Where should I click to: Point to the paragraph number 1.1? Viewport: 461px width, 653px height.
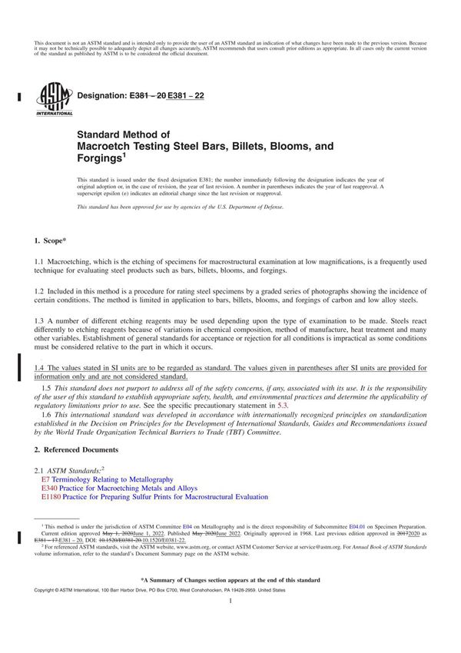41,262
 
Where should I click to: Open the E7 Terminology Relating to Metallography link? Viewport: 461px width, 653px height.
107,479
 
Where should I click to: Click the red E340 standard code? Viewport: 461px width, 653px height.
49,488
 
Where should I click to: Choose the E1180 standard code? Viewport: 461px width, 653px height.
51,497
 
